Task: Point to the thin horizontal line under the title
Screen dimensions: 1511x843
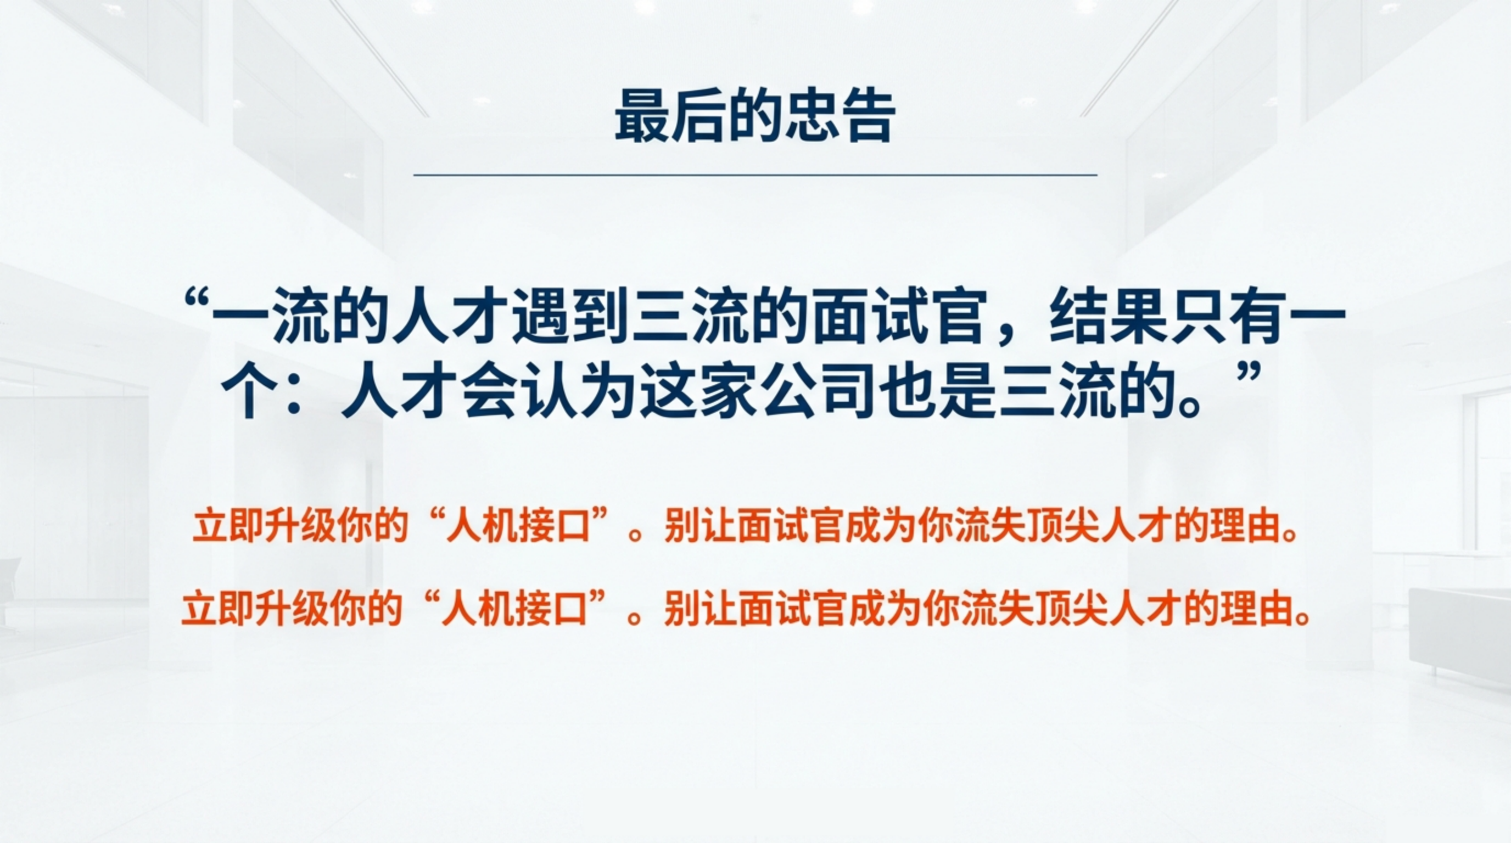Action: coord(755,175)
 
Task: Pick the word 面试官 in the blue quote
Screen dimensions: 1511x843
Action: coord(899,322)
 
